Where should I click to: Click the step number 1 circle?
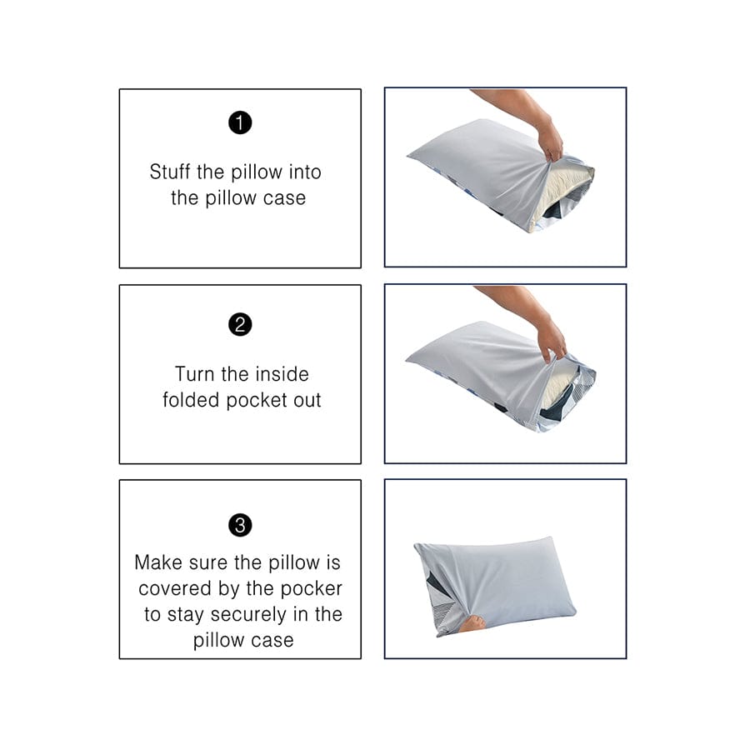[x=240, y=123]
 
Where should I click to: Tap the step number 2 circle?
[x=240, y=325]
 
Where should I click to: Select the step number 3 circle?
[x=240, y=526]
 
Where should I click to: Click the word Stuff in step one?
[x=170, y=172]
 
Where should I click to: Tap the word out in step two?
[x=305, y=400]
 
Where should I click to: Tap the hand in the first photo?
[x=550, y=140]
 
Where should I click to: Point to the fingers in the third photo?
[x=472, y=622]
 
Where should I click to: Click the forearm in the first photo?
[x=508, y=104]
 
